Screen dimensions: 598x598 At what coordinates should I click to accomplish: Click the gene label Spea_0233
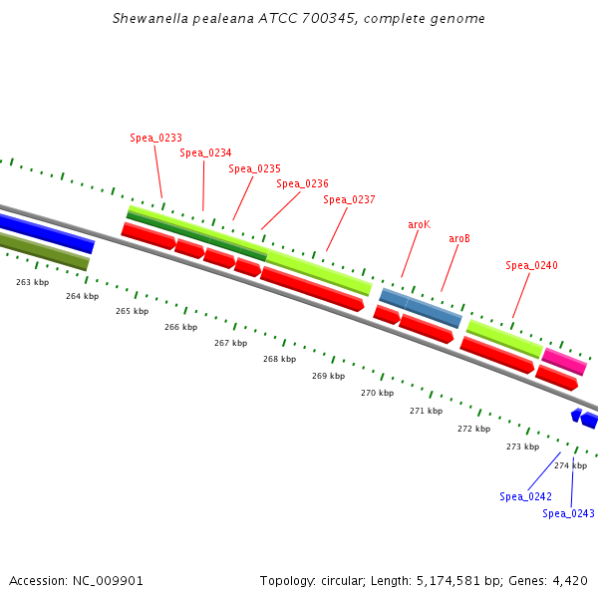pos(155,138)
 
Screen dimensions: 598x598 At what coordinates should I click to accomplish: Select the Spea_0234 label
pos(205,152)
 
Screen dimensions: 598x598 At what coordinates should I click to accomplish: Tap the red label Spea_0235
pos(254,168)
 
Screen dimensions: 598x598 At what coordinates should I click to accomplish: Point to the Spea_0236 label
pos(302,183)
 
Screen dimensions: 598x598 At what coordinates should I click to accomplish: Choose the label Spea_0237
pos(349,199)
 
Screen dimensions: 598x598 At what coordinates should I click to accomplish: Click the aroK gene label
pos(419,224)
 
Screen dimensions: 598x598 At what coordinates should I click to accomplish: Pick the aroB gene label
pos(459,238)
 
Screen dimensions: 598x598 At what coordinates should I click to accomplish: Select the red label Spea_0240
pos(531,265)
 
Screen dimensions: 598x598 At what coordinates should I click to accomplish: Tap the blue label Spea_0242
pos(525,496)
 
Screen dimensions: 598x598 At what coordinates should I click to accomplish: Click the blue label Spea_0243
pos(568,513)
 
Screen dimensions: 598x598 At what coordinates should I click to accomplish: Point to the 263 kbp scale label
pos(32,282)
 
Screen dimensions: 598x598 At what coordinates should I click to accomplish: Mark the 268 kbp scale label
pos(279,359)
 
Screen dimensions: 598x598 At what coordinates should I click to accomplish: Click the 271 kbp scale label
pos(426,411)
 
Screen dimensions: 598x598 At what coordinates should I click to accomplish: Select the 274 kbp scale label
pos(570,465)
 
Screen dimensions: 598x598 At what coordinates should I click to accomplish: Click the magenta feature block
pos(564,361)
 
